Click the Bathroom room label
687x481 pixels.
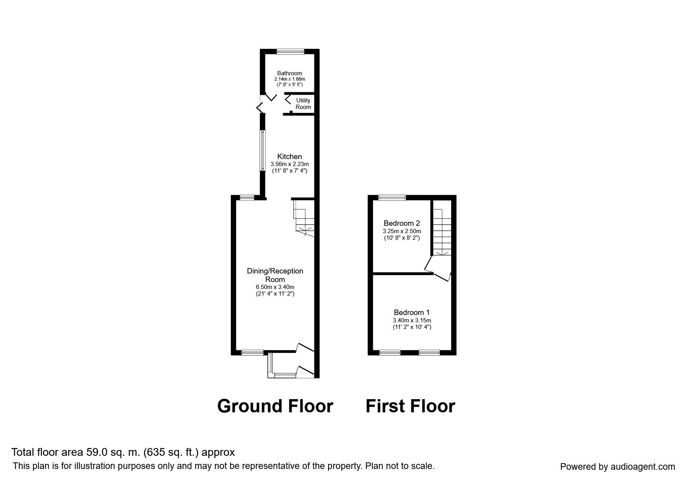coord(289,73)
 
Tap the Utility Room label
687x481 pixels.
coord(303,104)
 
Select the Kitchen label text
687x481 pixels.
coord(289,157)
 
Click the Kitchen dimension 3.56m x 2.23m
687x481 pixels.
coord(289,164)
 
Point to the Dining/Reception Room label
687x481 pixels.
coord(275,275)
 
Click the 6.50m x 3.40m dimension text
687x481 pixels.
coord(275,287)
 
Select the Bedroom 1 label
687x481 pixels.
coord(412,312)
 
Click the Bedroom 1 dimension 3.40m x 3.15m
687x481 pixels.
coord(412,320)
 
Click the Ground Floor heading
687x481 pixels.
coord(275,406)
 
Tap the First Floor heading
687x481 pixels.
coord(410,406)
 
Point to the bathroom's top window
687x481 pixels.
coord(291,51)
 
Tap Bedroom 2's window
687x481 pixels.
coord(392,198)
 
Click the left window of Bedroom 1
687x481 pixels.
coord(390,353)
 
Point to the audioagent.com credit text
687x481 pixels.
coord(617,467)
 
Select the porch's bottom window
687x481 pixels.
coord(285,375)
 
